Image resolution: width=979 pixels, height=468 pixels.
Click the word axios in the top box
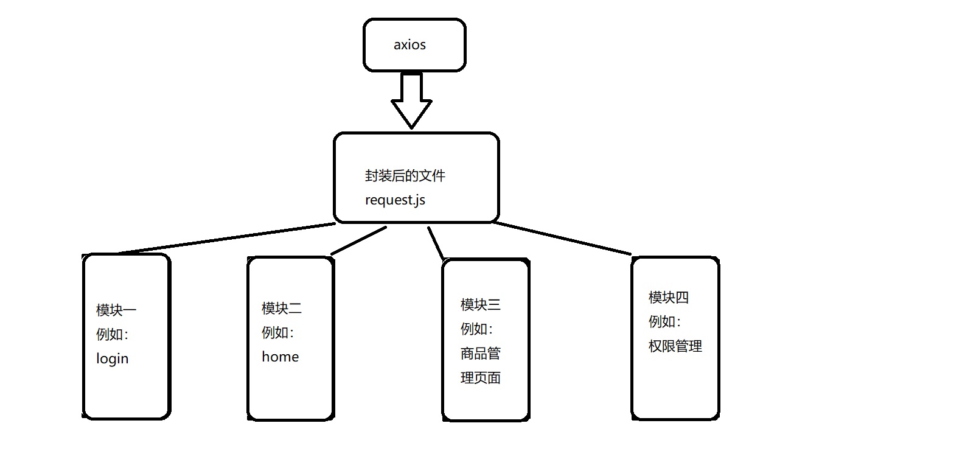pyautogui.click(x=409, y=45)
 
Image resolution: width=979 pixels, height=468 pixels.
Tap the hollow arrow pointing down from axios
pyautogui.click(x=411, y=100)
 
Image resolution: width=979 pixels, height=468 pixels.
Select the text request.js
pyautogui.click(x=395, y=200)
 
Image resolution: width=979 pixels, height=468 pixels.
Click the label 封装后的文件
pyautogui.click(x=405, y=176)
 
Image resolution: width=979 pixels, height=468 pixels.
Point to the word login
pyautogui.click(x=113, y=358)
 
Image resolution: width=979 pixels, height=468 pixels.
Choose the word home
pyautogui.click(x=280, y=357)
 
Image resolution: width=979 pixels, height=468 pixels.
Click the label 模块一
pyautogui.click(x=116, y=310)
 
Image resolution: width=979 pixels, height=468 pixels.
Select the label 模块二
pyautogui.click(x=282, y=309)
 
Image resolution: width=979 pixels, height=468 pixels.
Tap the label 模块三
pyautogui.click(x=481, y=304)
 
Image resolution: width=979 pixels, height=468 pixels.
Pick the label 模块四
pyautogui.click(x=669, y=298)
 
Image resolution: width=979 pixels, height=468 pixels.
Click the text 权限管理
pyautogui.click(x=675, y=346)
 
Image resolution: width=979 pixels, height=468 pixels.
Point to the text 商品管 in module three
pyautogui.click(x=481, y=354)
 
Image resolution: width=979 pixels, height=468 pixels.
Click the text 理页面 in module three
pyautogui.click(x=481, y=378)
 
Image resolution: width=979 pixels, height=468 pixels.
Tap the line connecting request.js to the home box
pyautogui.click(x=359, y=240)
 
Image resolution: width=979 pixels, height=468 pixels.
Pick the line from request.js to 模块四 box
pyautogui.click(x=563, y=239)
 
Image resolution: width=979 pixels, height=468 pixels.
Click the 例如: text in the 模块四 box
pyautogui.click(x=664, y=322)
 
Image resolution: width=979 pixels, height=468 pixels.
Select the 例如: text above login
pyautogui.click(x=113, y=334)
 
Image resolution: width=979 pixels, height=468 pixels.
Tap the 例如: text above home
pyautogui.click(x=278, y=332)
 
